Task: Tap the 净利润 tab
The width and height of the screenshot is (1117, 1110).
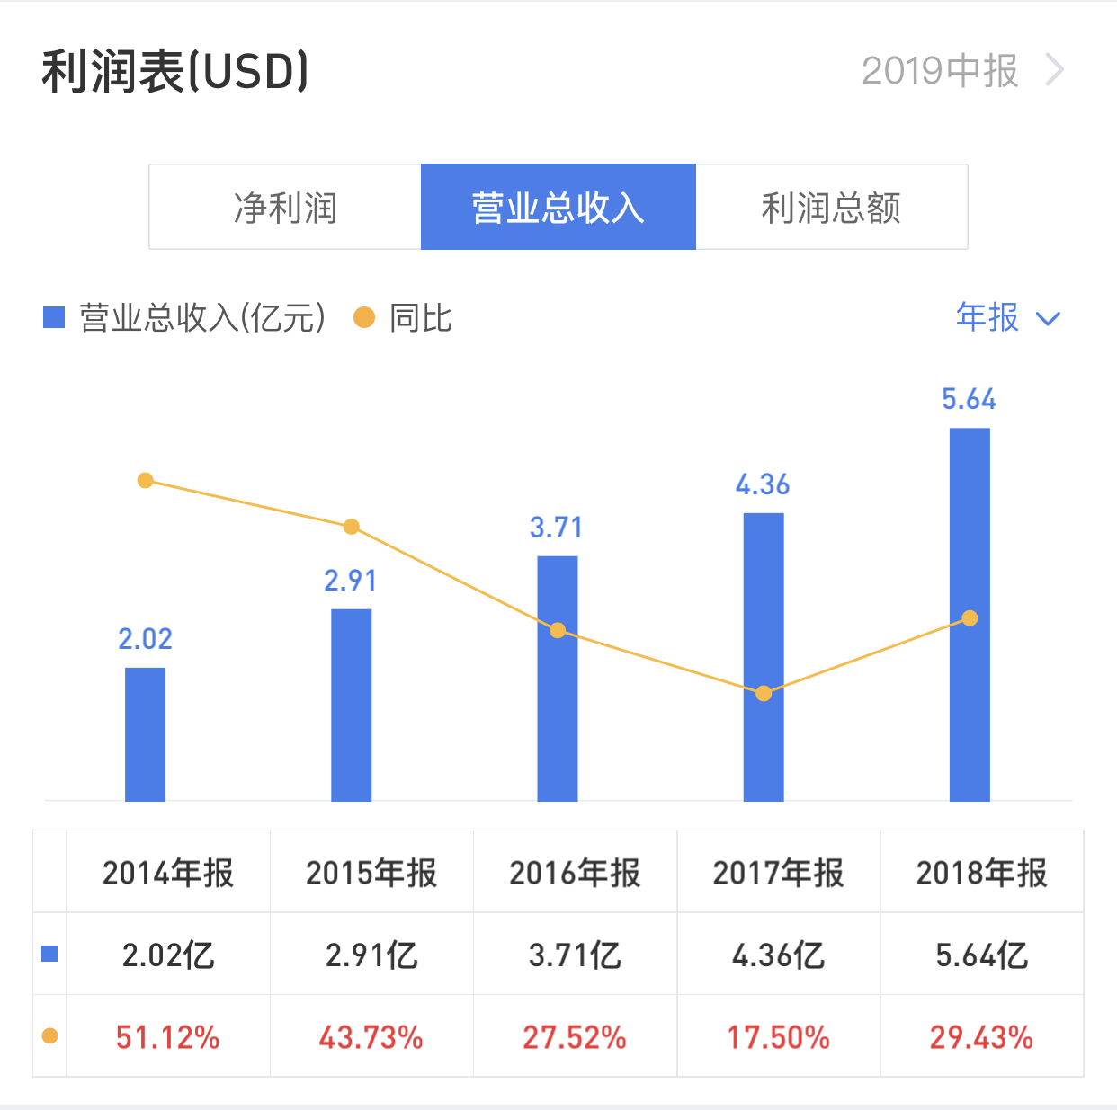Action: coord(285,208)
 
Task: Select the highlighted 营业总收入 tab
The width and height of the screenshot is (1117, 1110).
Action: coord(558,208)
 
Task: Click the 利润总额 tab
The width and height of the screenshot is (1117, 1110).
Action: coord(831,208)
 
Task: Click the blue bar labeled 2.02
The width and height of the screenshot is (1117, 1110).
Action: coord(145,733)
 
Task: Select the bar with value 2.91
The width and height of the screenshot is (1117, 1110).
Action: coord(351,705)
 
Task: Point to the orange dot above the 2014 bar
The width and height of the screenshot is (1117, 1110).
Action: coord(145,481)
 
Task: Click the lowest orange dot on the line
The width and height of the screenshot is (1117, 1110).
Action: coord(764,693)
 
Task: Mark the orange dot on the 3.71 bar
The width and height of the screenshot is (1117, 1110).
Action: coord(558,630)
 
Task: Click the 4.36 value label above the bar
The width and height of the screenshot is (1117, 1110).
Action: coord(763,485)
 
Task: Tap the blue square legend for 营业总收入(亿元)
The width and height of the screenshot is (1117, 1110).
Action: coord(54,317)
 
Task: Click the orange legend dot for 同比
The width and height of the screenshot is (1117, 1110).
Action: coord(364,317)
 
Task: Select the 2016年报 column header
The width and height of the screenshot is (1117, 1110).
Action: coord(575,873)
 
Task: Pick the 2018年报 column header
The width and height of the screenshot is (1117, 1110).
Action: coord(981,873)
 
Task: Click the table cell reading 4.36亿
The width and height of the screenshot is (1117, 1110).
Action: coord(778,955)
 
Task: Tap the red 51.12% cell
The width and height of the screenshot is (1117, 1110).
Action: coord(168,1037)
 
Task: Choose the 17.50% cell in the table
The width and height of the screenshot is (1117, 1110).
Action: coord(778,1037)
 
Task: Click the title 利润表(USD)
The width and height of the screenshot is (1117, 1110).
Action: coord(175,72)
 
